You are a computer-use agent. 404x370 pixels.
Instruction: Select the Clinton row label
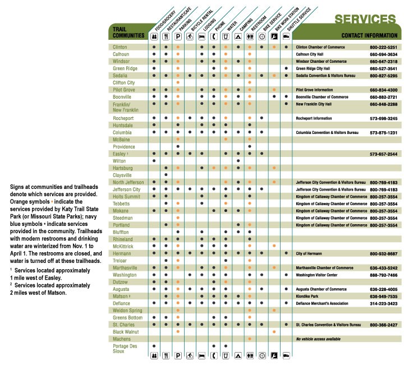(x=120, y=47)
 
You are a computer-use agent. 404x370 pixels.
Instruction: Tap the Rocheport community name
(x=123, y=118)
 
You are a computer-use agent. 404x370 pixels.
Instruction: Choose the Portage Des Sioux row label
(x=125, y=349)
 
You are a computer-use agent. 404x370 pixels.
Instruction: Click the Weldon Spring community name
(x=127, y=310)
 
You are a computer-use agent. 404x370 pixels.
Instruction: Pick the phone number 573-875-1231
(x=384, y=132)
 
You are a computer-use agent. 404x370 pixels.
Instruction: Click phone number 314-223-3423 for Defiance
(x=384, y=303)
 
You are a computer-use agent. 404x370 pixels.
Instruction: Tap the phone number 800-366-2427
(x=384, y=325)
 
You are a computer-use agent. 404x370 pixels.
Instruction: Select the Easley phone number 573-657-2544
(x=384, y=154)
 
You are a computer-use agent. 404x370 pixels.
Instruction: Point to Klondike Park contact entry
(x=308, y=296)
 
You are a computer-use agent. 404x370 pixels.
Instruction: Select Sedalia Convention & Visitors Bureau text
(x=330, y=75)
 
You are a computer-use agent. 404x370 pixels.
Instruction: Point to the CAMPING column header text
(x=245, y=22)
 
